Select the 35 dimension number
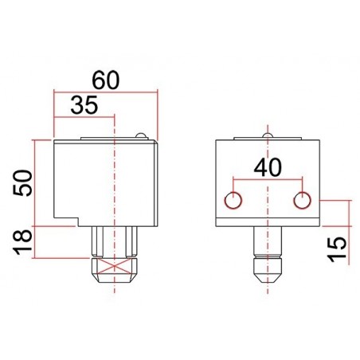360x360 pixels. tap(85, 104)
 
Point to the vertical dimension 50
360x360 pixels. tap(23, 183)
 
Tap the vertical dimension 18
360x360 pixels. tap(23, 240)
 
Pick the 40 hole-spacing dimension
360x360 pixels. tap(268, 167)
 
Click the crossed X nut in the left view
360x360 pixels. tap(116, 266)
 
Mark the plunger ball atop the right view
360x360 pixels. tap(268, 136)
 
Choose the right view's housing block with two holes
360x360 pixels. tap(268, 183)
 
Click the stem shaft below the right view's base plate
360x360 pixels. tap(268, 243)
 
